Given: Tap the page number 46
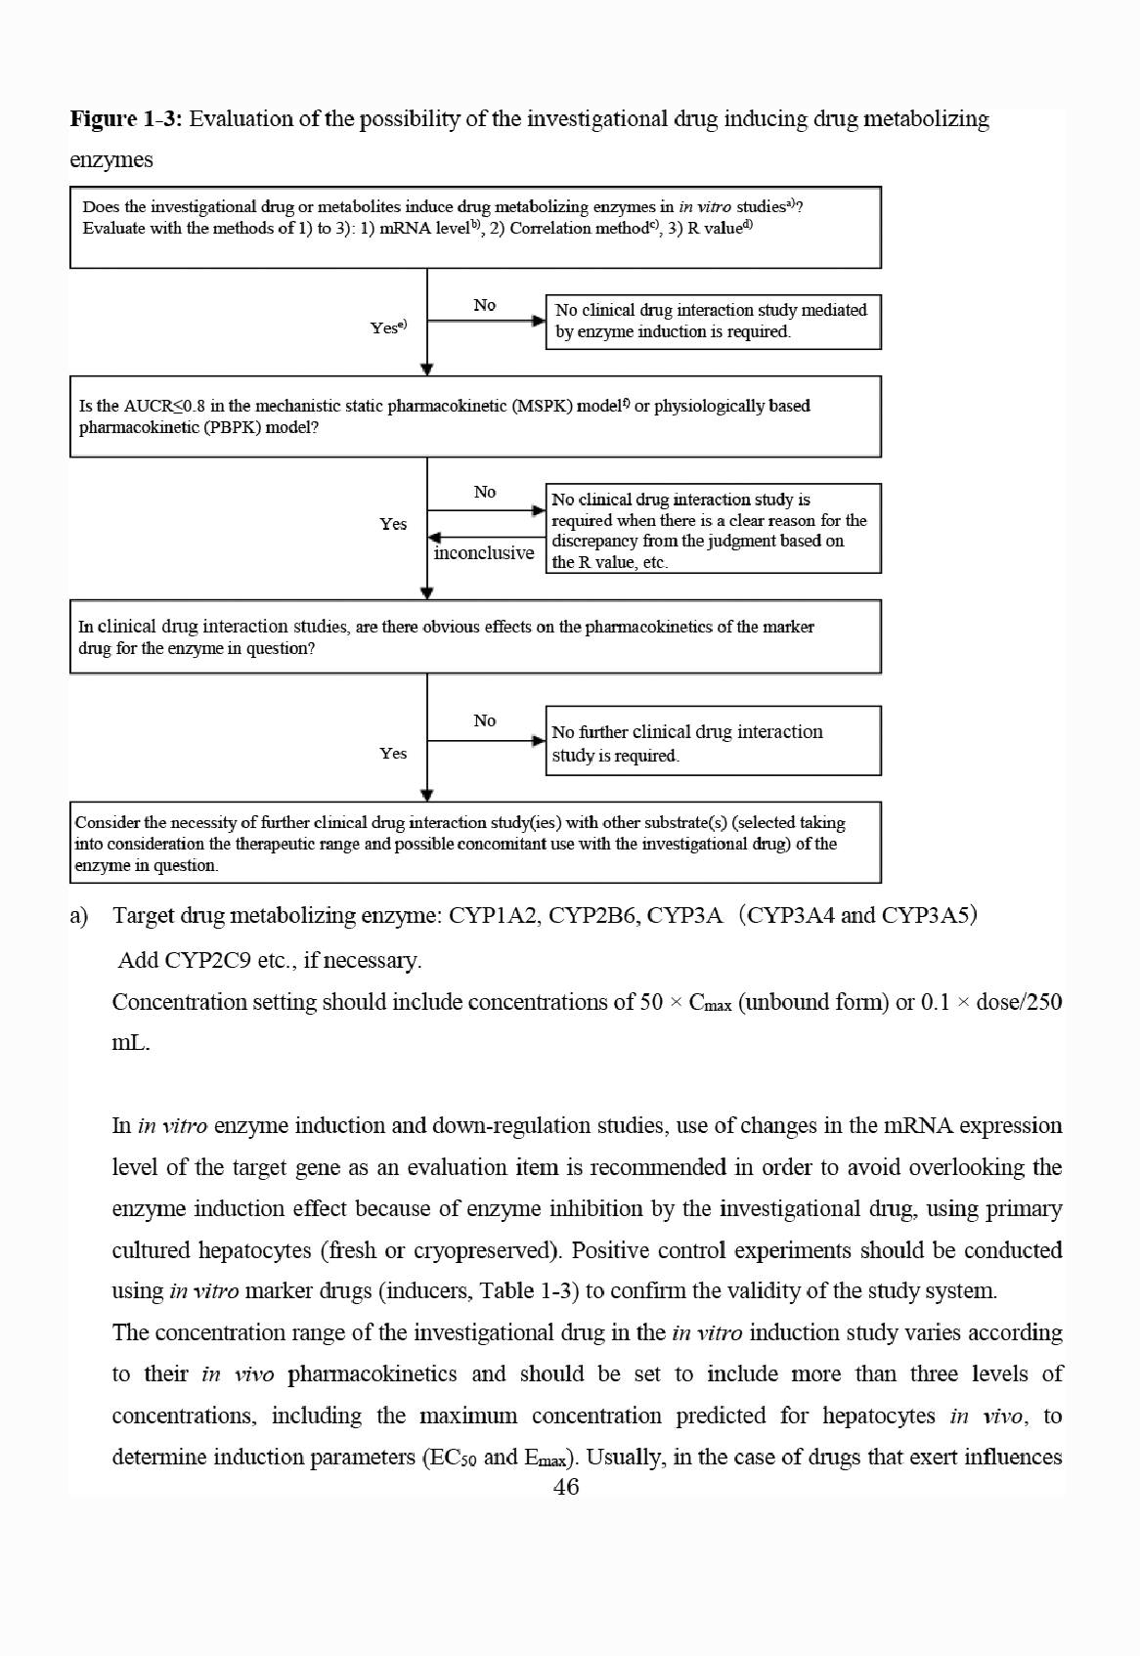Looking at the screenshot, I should (566, 1487).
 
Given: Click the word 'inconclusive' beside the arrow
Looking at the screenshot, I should (484, 553).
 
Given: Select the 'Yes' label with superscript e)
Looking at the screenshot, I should (387, 327).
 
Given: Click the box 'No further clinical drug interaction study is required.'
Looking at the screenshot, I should (713, 742).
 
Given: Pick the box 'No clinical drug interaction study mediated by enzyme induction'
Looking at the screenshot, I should (713, 321).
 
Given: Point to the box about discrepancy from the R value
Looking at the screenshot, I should (713, 529).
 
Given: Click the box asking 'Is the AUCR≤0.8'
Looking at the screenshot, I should (475, 417).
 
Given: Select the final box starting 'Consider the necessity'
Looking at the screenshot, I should (475, 843).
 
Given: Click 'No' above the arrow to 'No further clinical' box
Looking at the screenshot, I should (485, 720).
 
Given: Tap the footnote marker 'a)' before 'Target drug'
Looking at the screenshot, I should (79, 917).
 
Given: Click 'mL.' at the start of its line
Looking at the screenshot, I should (131, 1043).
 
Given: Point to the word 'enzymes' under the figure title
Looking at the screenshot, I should (111, 160).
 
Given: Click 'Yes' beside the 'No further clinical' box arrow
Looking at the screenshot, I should (393, 754).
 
